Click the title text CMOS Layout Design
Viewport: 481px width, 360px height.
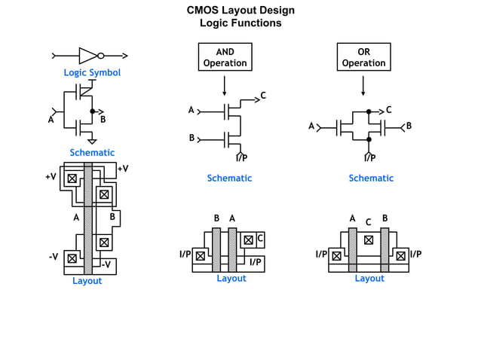pyautogui.click(x=240, y=11)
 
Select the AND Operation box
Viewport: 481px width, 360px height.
pyautogui.click(x=225, y=57)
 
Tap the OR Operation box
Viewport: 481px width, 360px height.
pyautogui.click(x=363, y=57)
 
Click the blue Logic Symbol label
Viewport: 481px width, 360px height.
pyautogui.click(x=92, y=73)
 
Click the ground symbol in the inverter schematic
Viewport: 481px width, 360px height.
pyautogui.click(x=92, y=141)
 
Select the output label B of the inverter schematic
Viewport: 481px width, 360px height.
pyautogui.click(x=103, y=120)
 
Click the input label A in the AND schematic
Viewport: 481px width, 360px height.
pyautogui.click(x=191, y=111)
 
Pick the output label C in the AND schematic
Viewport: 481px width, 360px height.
pyautogui.click(x=263, y=96)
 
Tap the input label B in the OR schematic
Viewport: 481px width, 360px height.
pyautogui.click(x=409, y=127)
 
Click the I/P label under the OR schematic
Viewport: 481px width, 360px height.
pyautogui.click(x=369, y=158)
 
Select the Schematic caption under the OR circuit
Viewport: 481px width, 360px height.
pyautogui.click(x=371, y=178)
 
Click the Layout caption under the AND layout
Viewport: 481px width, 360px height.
pyautogui.click(x=231, y=279)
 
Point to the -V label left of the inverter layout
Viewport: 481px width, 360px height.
pyautogui.click(x=54, y=257)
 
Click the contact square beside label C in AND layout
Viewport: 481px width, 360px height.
pyautogui.click(x=247, y=240)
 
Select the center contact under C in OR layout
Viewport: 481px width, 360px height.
pyautogui.click(x=369, y=240)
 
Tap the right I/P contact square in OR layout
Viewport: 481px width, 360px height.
pyautogui.click(x=401, y=256)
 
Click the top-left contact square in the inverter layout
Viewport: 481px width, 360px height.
pyautogui.click(x=72, y=178)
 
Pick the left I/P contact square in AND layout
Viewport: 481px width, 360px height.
pyautogui.click(x=200, y=256)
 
